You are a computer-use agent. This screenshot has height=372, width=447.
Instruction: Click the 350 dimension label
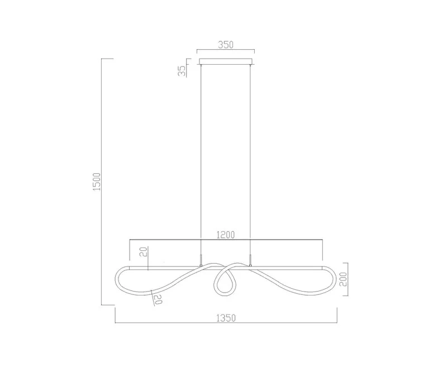click(x=226, y=45)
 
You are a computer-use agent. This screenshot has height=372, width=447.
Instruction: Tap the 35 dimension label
click(x=182, y=70)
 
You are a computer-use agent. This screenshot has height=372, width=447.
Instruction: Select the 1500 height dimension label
click(x=97, y=182)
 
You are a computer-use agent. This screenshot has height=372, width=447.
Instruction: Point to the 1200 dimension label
click(x=226, y=235)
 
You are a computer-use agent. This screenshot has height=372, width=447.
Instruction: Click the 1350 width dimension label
click(x=226, y=318)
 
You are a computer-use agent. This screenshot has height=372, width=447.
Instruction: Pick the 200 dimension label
click(x=343, y=279)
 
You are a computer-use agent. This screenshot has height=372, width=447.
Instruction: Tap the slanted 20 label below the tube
click(x=158, y=299)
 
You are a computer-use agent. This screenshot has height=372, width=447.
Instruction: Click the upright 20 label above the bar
click(x=145, y=252)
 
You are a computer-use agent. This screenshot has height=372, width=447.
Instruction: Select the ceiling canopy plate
click(x=226, y=62)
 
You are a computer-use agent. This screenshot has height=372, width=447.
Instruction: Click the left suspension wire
click(x=201, y=160)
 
